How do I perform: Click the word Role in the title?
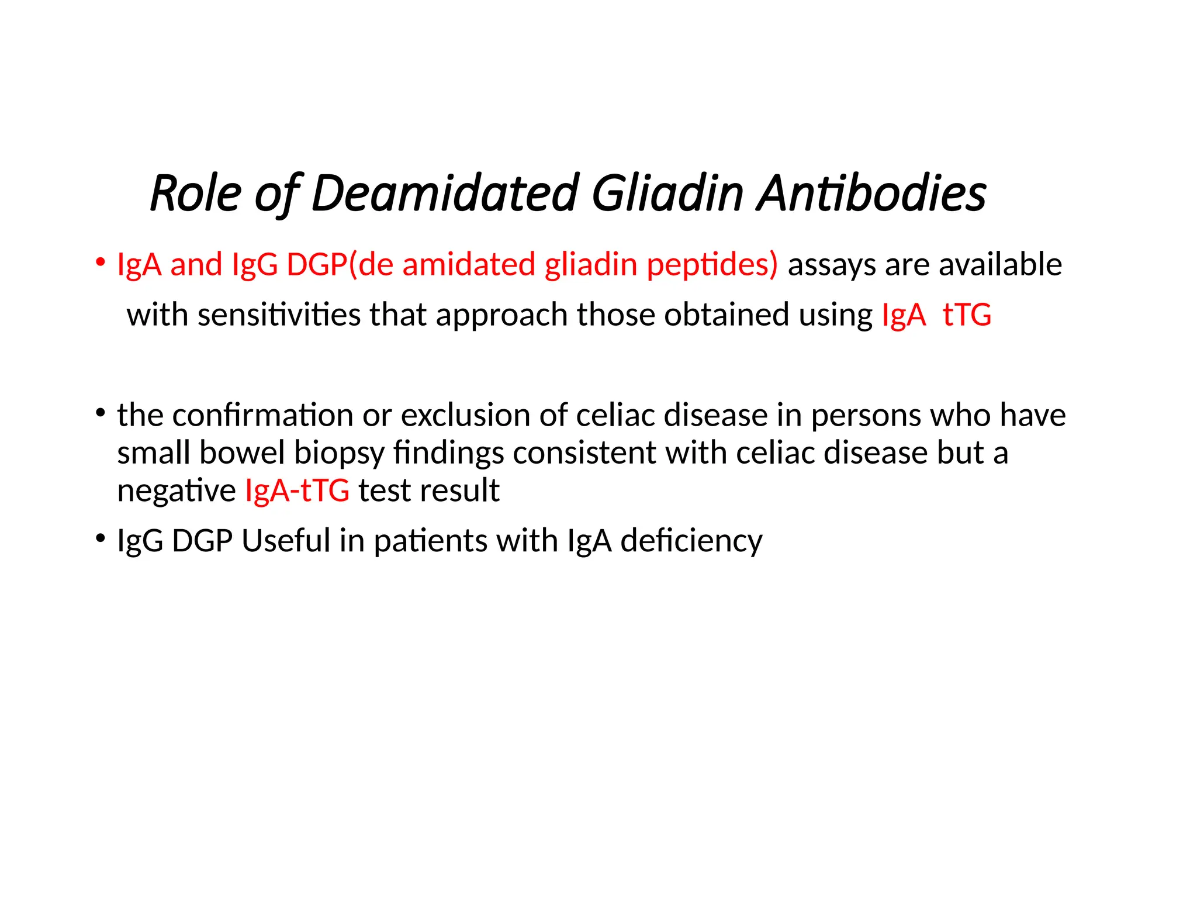pos(196,194)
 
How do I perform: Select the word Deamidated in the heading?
pos(445,194)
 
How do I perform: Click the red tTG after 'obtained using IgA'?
pos(967,315)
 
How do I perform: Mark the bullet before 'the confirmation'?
pos(101,413)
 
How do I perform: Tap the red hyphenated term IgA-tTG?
pos(297,491)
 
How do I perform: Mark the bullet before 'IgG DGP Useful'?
pos(101,538)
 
